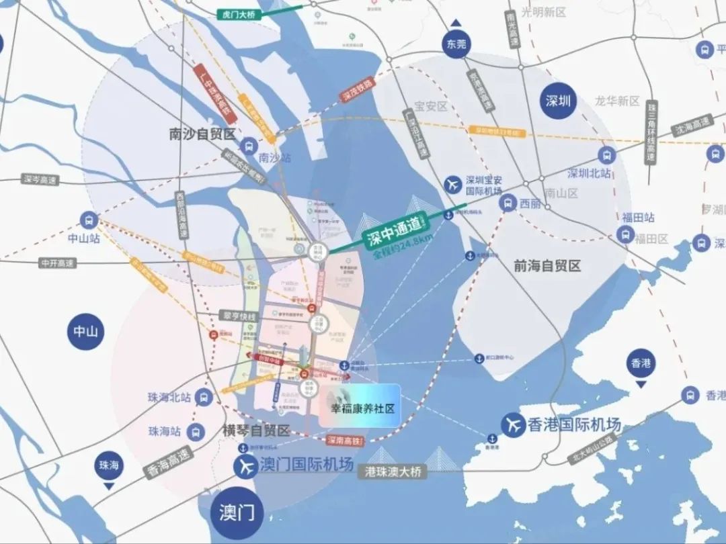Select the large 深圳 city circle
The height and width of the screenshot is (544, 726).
pyautogui.click(x=558, y=101)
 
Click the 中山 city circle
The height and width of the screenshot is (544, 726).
pyautogui.click(x=85, y=330)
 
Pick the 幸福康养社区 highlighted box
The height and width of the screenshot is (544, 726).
pyautogui.click(x=360, y=406)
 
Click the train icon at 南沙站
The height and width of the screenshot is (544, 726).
pyautogui.click(x=249, y=145)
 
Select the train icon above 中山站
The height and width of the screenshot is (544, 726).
pyautogui.click(x=88, y=220)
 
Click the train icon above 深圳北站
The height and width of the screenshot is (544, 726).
pyautogui.click(x=607, y=155)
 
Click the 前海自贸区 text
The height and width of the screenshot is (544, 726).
pyautogui.click(x=547, y=267)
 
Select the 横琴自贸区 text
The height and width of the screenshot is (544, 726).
pyautogui.click(x=255, y=430)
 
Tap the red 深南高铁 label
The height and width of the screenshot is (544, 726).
pyautogui.click(x=346, y=441)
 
